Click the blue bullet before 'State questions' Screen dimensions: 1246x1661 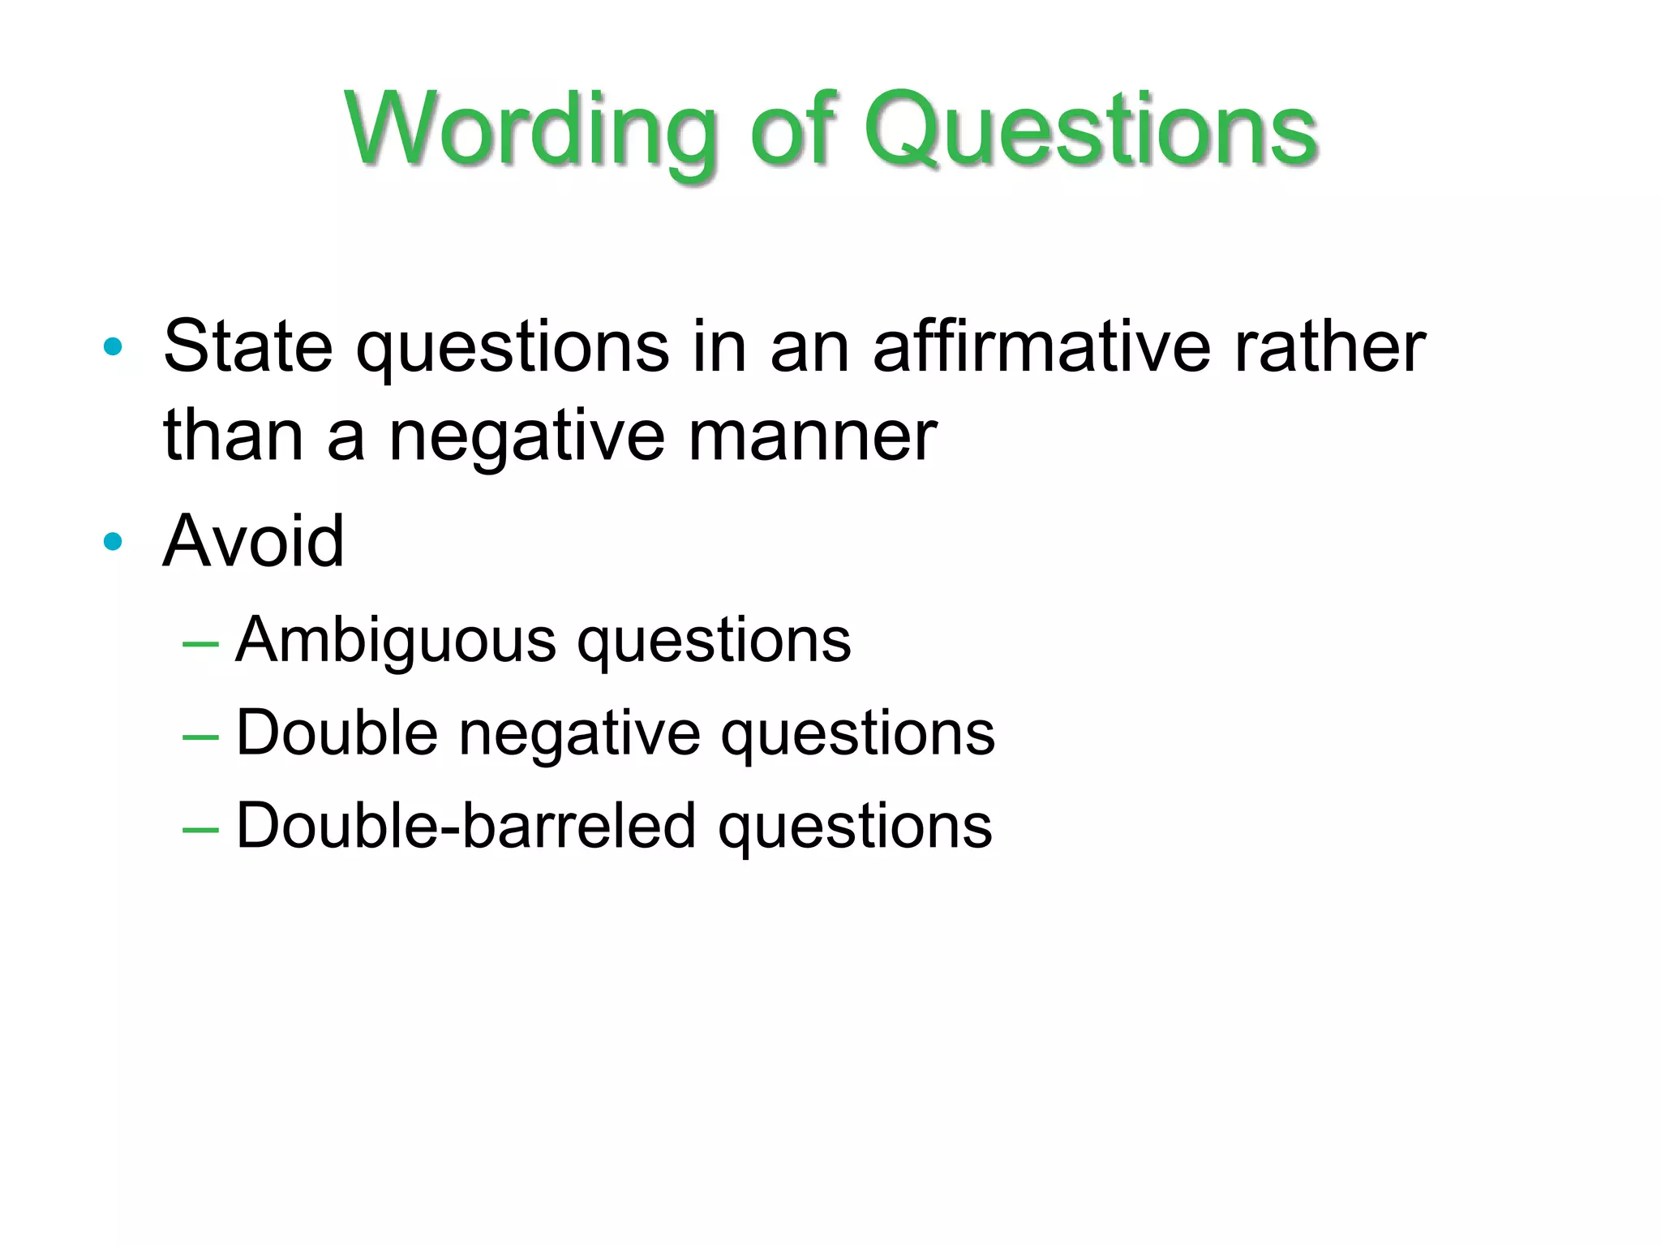point(114,347)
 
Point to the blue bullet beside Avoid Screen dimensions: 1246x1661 point(114,541)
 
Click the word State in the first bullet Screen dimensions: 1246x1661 point(248,347)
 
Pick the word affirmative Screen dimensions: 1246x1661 point(1041,347)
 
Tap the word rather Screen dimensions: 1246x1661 point(1329,347)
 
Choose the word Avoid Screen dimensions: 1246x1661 point(254,541)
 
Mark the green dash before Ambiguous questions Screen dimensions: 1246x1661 point(201,645)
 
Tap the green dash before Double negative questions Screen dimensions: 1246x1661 point(201,737)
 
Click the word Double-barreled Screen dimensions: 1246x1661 point(466,826)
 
